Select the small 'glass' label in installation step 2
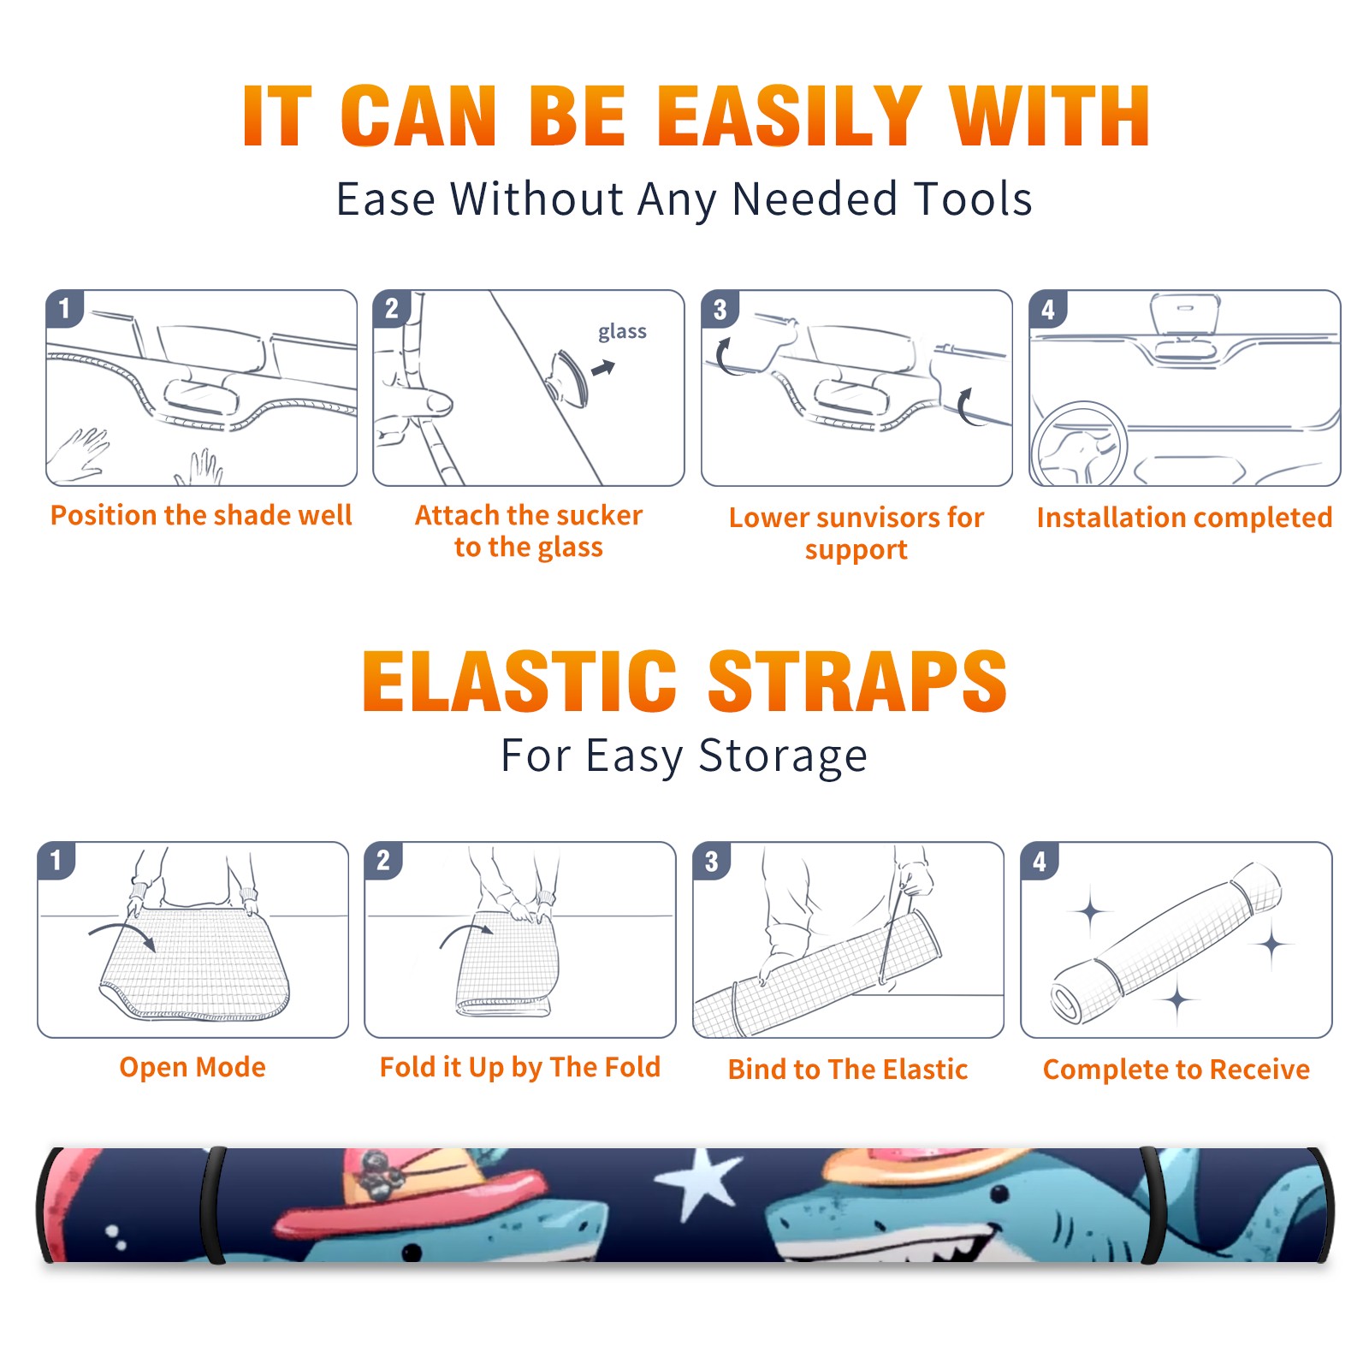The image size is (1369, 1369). tap(622, 332)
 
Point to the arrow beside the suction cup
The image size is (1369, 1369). tap(604, 368)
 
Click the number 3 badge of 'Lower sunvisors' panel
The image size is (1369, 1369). tap(720, 309)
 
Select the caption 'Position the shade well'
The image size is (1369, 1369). tap(201, 515)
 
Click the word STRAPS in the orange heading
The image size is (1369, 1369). tap(857, 681)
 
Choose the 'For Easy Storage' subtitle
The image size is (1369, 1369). tap(684, 756)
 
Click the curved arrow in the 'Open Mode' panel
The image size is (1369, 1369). tap(122, 933)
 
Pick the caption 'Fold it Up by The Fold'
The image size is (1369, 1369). tap(520, 1067)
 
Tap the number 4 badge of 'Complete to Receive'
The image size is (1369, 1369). tap(1039, 861)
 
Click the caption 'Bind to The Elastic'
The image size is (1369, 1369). tap(848, 1070)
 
